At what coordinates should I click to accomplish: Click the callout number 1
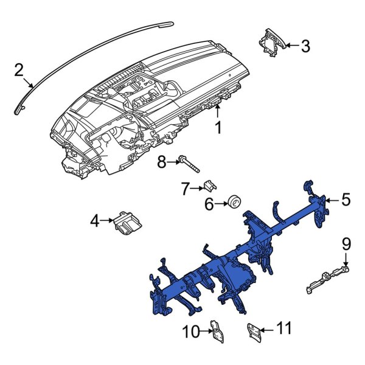click(x=217, y=128)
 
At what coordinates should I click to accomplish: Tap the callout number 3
click(x=305, y=46)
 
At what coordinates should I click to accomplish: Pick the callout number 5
click(x=346, y=199)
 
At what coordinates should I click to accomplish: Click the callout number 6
click(x=209, y=204)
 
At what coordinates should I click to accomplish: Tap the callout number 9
click(x=346, y=245)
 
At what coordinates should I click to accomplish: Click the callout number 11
click(x=284, y=329)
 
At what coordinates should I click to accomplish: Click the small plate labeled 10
click(x=215, y=329)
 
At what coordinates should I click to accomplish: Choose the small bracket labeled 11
click(x=254, y=330)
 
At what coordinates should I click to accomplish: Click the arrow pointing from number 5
click(x=332, y=200)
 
